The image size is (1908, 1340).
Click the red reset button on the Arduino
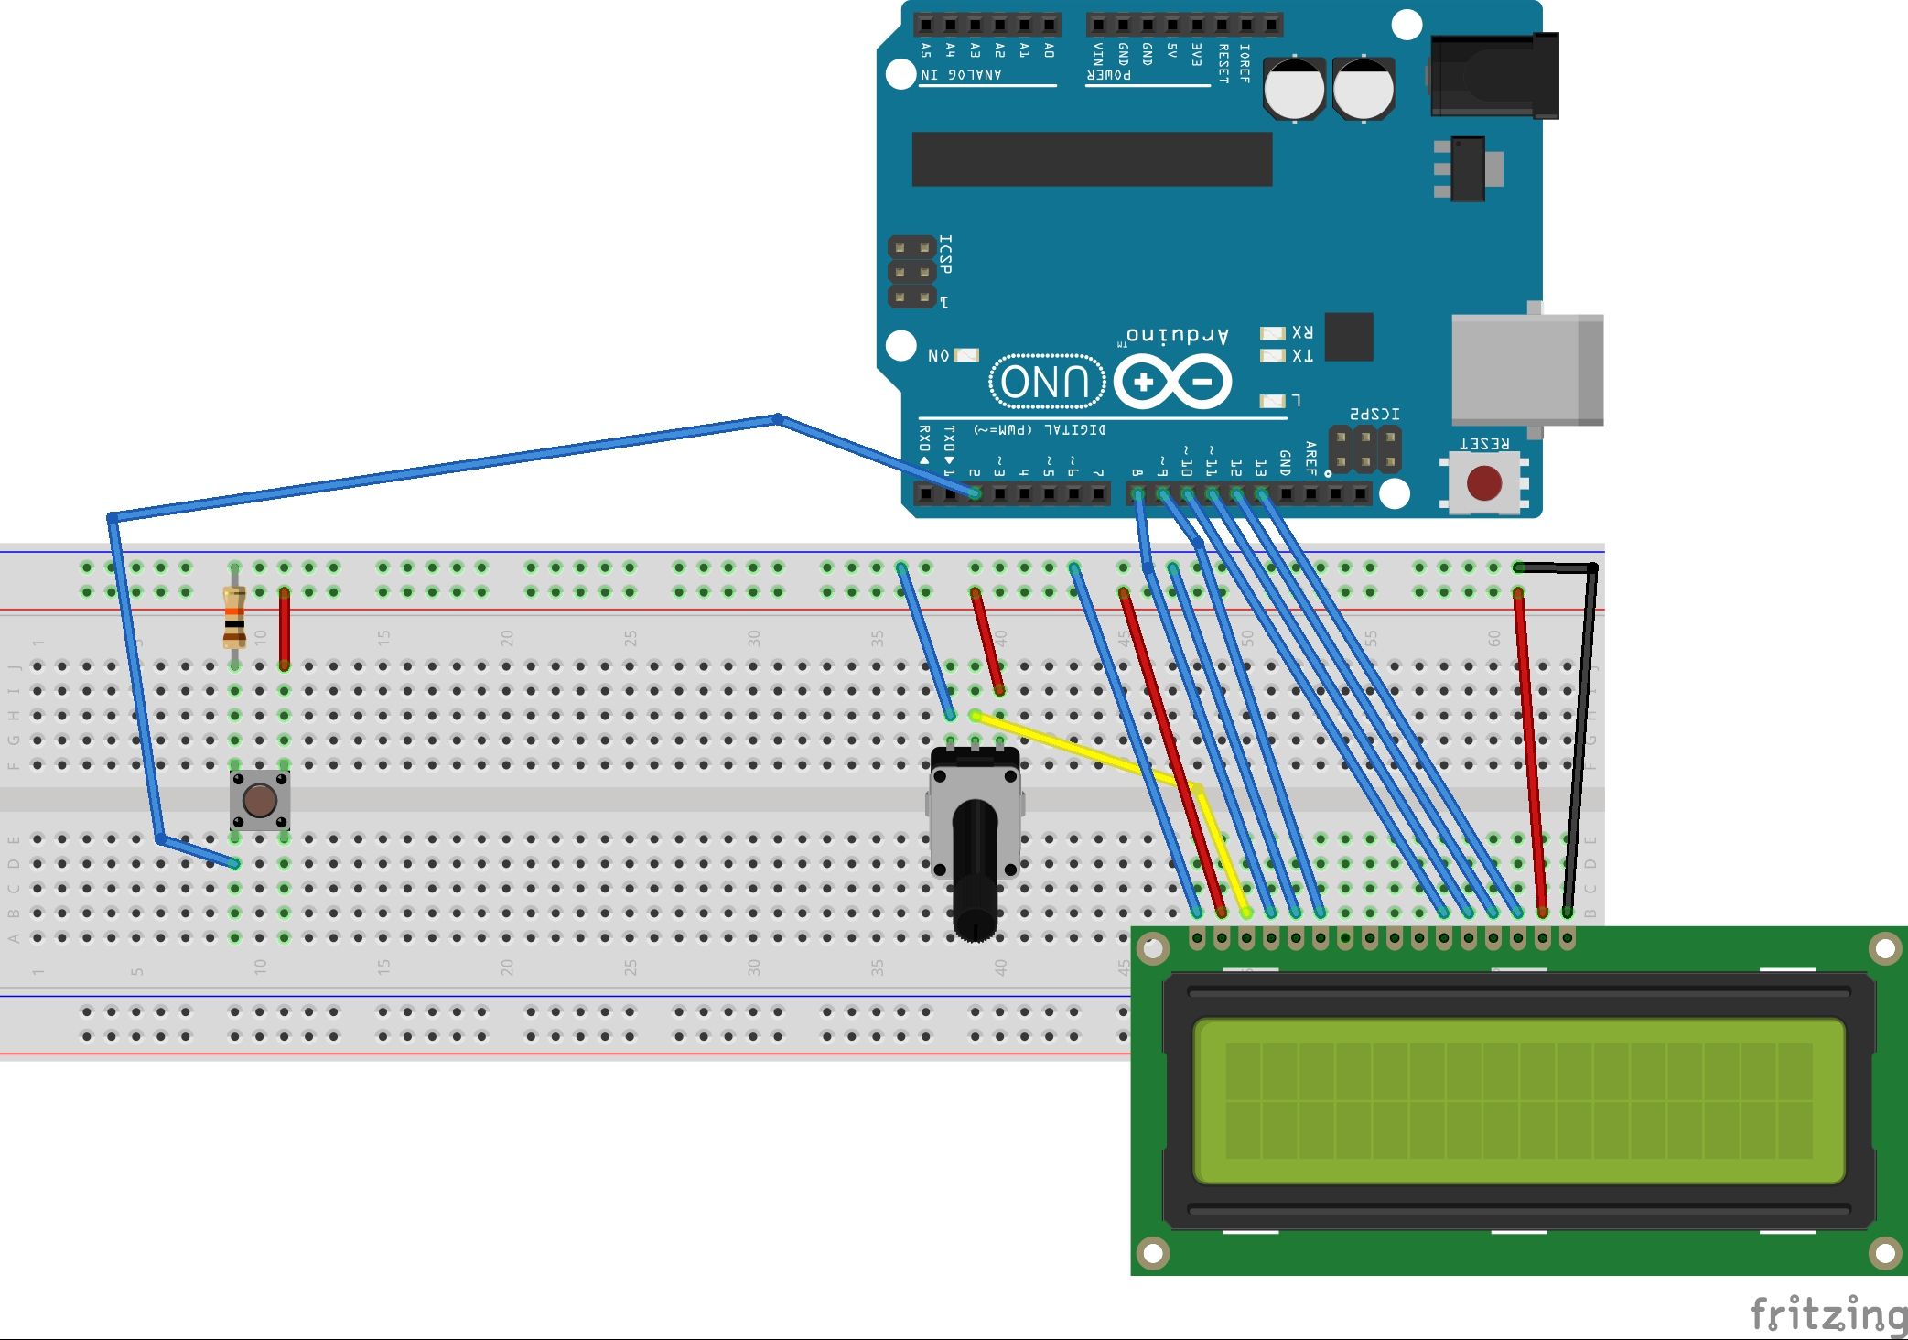click(x=1483, y=483)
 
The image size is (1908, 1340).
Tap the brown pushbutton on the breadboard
click(x=260, y=801)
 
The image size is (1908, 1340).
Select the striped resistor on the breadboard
click(x=234, y=618)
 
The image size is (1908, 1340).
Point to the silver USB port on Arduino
click(x=1526, y=369)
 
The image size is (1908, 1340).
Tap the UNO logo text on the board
click(x=1047, y=382)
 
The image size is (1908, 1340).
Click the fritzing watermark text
click(x=1827, y=1314)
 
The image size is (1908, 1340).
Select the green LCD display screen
click(x=1518, y=1101)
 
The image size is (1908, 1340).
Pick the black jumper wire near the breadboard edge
click(x=1581, y=732)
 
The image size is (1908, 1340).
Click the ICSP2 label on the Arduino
click(x=1374, y=414)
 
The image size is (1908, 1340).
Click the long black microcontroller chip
click(x=1092, y=158)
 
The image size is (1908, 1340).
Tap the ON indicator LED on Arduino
click(x=966, y=355)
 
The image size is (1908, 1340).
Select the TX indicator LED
click(x=1272, y=356)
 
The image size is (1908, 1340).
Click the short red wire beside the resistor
click(x=284, y=629)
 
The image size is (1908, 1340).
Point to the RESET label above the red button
click(x=1484, y=444)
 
